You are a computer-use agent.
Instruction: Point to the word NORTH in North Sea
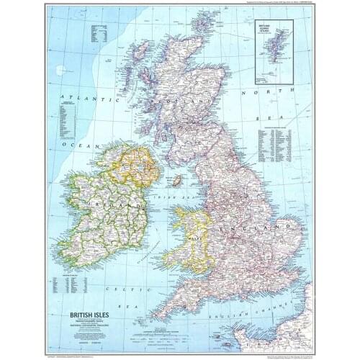[255, 93]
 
